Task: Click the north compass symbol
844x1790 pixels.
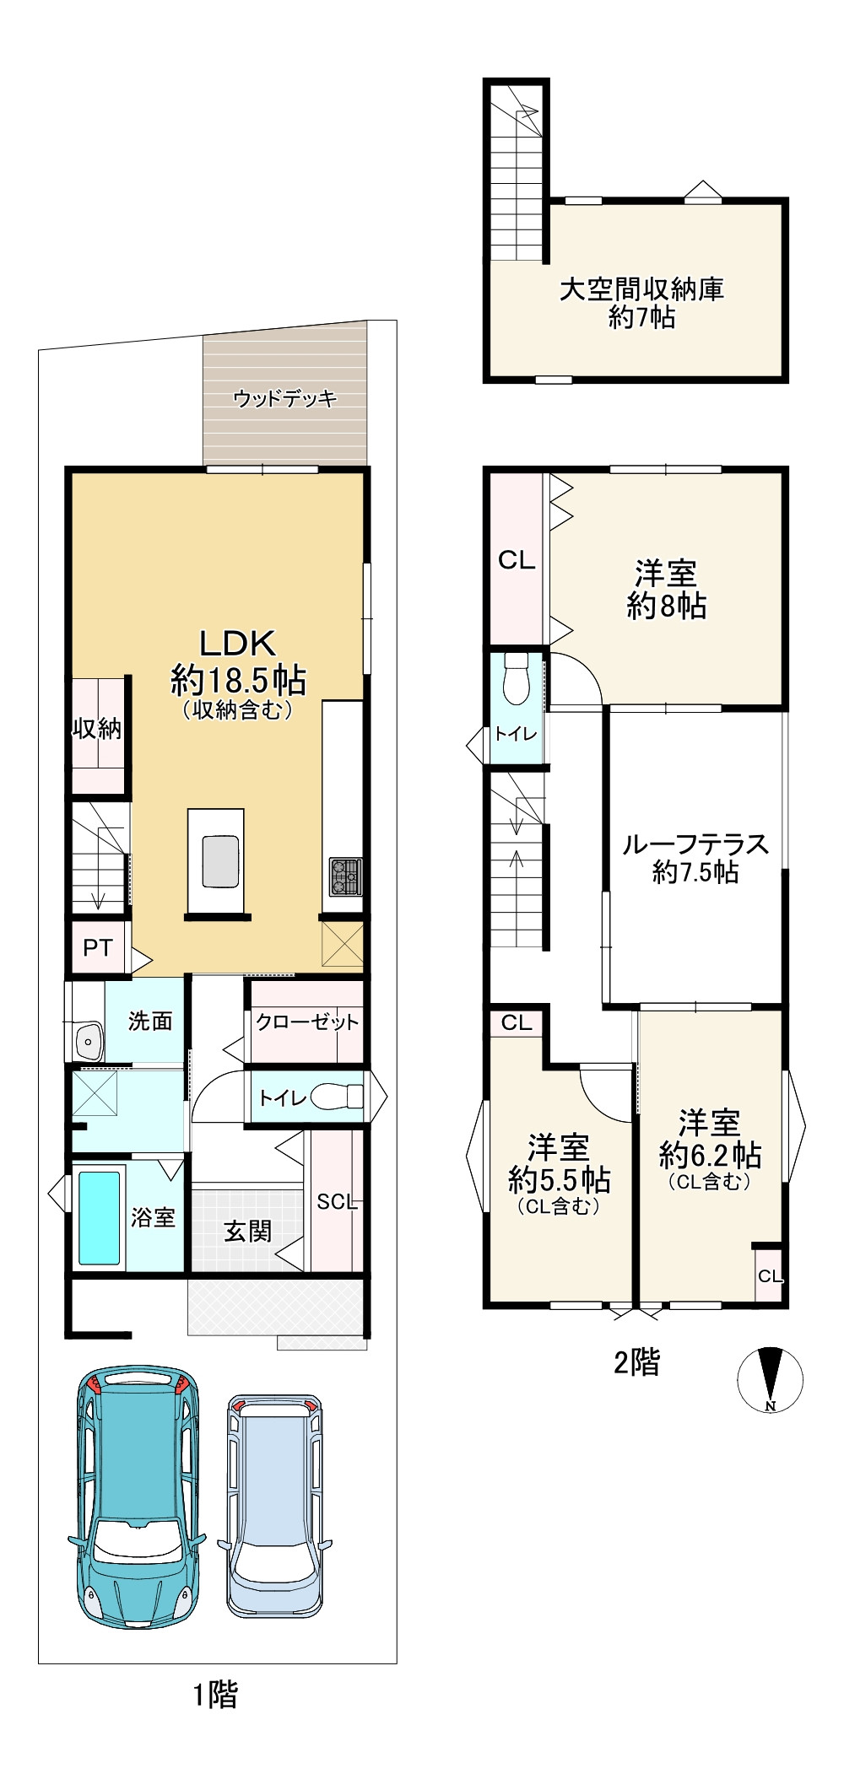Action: (x=770, y=1379)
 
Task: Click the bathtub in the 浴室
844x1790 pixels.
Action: (x=99, y=1217)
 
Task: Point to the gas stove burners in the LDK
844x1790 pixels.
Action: (x=345, y=876)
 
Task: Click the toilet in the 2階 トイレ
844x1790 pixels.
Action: (x=515, y=678)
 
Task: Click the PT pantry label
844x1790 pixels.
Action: (x=98, y=947)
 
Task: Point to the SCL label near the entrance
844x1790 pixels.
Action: (x=338, y=1202)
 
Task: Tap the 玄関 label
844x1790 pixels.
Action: (x=248, y=1232)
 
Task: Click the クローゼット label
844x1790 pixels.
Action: (x=307, y=1022)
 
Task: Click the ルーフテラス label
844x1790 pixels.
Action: (x=695, y=844)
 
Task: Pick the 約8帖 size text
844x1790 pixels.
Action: (x=667, y=606)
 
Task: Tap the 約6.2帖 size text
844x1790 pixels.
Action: (x=711, y=1155)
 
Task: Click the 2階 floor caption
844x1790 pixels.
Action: (x=636, y=1362)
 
